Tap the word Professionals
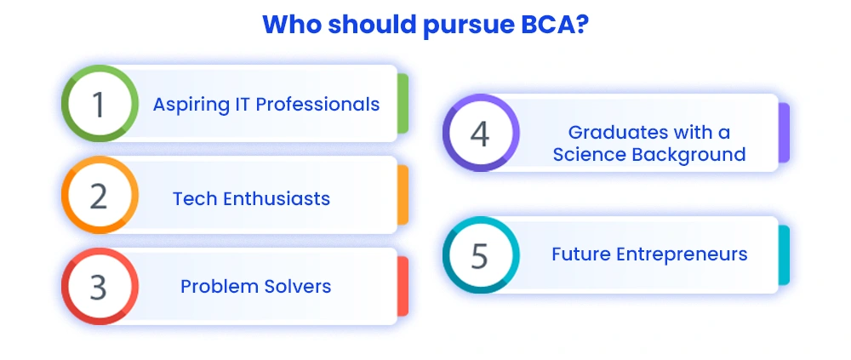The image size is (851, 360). tap(317, 103)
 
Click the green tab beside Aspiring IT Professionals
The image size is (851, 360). tap(403, 103)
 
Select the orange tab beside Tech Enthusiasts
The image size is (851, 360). tap(403, 195)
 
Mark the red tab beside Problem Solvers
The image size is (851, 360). tap(403, 286)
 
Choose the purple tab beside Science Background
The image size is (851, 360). tap(784, 133)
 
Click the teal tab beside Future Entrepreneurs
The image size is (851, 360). tap(784, 254)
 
